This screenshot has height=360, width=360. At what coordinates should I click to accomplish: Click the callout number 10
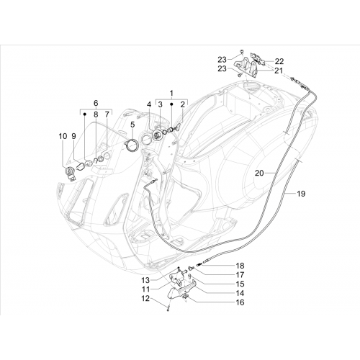[x=63, y=136]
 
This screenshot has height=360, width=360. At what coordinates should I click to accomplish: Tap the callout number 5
[x=132, y=125]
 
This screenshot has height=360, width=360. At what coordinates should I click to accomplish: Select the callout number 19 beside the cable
[x=301, y=194]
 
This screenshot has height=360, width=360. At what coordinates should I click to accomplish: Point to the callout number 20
[x=259, y=173]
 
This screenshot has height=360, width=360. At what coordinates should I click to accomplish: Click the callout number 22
[x=279, y=61]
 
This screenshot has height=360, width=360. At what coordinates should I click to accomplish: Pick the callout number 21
[x=279, y=71]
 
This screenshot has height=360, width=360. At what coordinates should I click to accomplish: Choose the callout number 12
[x=145, y=299]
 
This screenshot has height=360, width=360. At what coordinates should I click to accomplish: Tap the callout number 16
[x=240, y=302]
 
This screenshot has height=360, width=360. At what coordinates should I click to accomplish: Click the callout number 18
[x=240, y=266]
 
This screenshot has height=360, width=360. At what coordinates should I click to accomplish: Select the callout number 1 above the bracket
[x=171, y=93]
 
